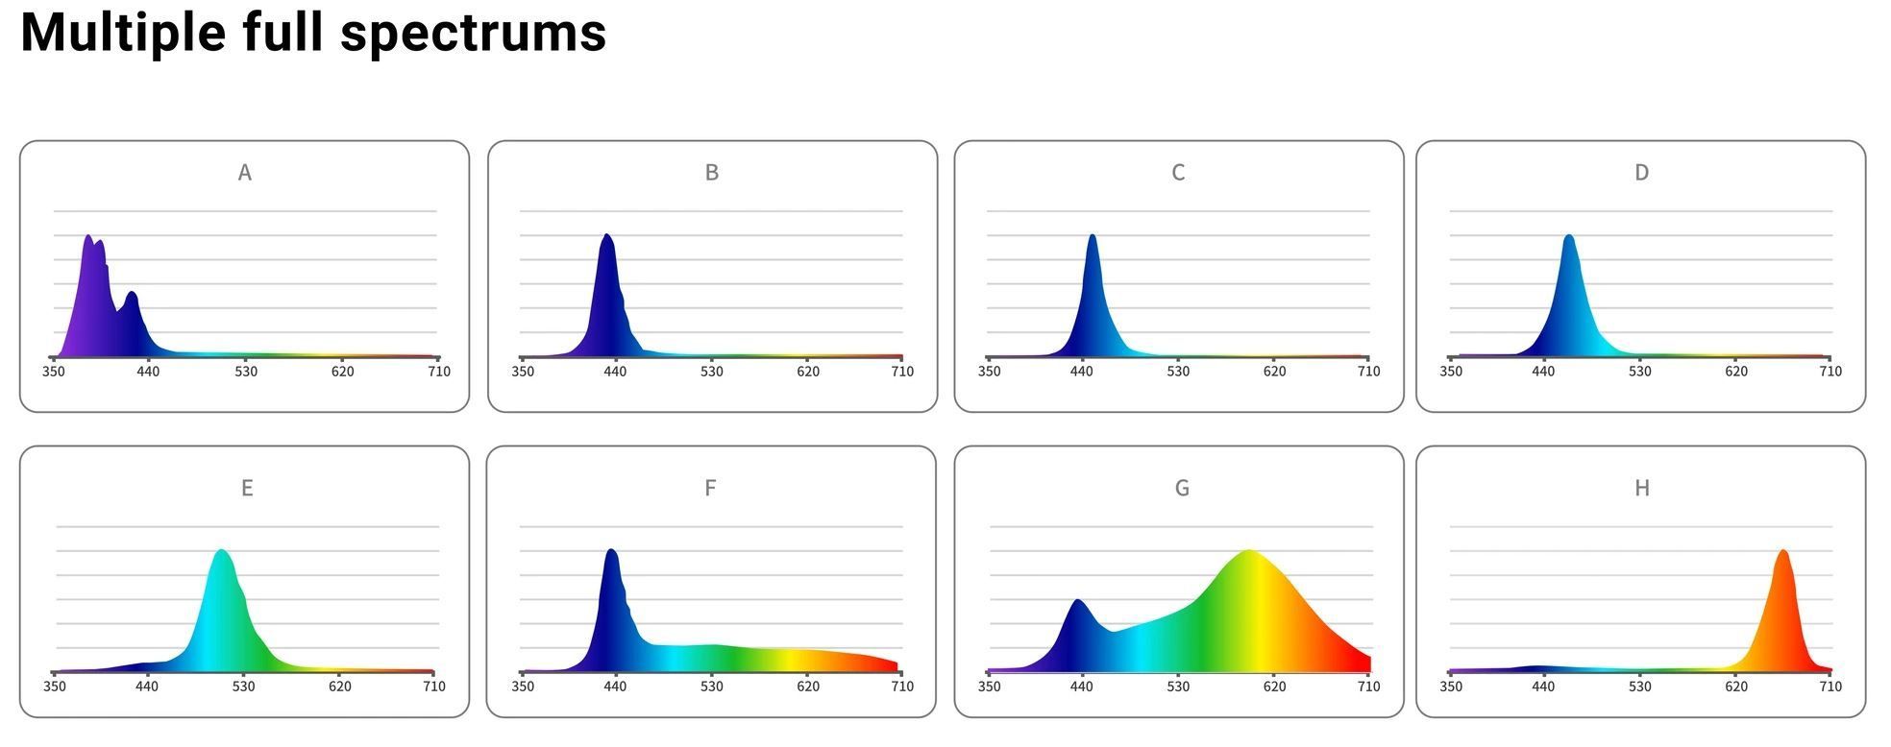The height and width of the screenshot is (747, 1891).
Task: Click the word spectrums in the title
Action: click(473, 33)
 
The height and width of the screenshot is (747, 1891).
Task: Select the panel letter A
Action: click(245, 173)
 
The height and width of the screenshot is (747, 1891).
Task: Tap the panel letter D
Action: click(1641, 173)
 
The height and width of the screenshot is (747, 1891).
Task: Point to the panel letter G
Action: click(1182, 489)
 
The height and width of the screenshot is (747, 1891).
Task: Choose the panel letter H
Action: click(1642, 489)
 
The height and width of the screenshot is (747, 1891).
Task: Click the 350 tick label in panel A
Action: click(54, 372)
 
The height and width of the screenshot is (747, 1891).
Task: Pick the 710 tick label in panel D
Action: click(1830, 372)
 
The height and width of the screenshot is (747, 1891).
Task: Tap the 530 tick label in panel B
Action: click(711, 372)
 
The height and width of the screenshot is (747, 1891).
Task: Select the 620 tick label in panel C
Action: click(1274, 372)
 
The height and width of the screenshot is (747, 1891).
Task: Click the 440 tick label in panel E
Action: click(146, 687)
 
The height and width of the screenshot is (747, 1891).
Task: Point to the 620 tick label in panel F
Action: click(808, 687)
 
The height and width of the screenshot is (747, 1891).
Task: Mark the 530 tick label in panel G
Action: click(1178, 687)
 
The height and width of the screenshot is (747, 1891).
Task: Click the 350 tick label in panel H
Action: click(1451, 687)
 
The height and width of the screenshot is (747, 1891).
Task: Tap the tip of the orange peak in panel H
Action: click(1783, 551)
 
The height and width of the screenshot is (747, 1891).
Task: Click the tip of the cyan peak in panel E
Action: click(222, 551)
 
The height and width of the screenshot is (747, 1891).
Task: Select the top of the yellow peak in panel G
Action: click(1248, 551)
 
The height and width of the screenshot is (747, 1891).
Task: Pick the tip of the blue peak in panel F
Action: click(611, 551)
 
